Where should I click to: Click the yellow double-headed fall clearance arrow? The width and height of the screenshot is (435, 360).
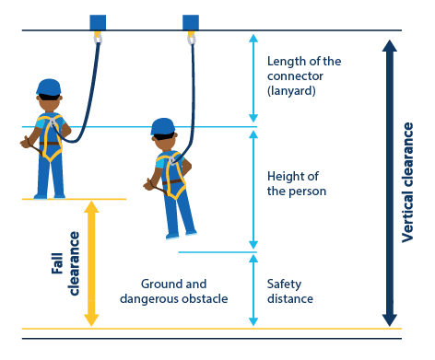pos(90,263)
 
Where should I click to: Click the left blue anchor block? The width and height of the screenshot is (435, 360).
pos(97,21)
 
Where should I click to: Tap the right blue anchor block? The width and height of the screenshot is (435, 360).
pos(191,21)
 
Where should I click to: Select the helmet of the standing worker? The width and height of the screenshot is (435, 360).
pos(49,87)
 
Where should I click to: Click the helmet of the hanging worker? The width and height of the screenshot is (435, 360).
pos(162,127)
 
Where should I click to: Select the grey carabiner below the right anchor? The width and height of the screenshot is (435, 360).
pos(192,41)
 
